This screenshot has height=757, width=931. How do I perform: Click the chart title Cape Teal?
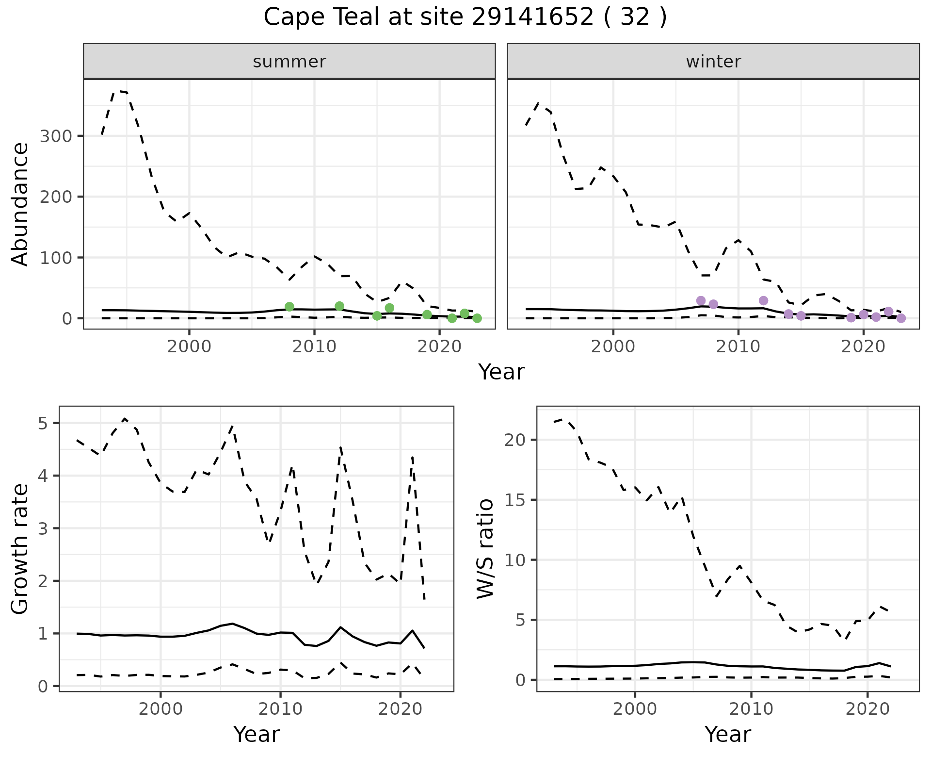click(x=465, y=17)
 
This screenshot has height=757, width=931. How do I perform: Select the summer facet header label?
click(x=289, y=62)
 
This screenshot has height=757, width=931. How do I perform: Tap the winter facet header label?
click(x=713, y=62)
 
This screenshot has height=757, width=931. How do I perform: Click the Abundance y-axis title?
click(x=20, y=204)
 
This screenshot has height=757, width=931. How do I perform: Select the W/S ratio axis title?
click(x=485, y=549)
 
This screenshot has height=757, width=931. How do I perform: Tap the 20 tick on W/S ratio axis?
click(x=515, y=440)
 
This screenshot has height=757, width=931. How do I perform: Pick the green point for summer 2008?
click(x=289, y=307)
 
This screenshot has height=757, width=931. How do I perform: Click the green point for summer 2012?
click(x=339, y=306)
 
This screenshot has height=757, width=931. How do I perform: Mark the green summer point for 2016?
click(x=389, y=308)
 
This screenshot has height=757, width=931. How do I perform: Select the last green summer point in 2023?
click(x=477, y=318)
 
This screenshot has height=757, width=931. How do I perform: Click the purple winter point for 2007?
click(x=701, y=301)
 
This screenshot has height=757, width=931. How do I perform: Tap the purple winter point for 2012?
click(x=763, y=301)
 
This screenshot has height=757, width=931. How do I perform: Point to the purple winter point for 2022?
click(x=888, y=312)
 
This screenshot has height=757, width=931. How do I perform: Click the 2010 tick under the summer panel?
click(x=314, y=346)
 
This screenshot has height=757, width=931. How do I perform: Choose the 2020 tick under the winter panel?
click(x=863, y=346)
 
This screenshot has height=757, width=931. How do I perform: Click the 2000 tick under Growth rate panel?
click(x=161, y=709)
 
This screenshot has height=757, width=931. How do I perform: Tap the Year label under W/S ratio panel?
click(x=728, y=735)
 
